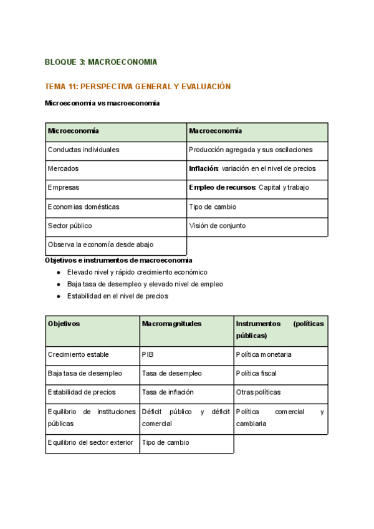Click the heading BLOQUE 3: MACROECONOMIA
pos(101,62)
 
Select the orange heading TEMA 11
pos(138,87)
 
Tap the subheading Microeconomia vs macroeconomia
pos(102,103)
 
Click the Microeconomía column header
pos(74,131)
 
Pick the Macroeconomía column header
pos(216,131)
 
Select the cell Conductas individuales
pos(84,150)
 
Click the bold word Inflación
pos(203,168)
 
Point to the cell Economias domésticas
pos(84,206)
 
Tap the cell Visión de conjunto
pos(217,225)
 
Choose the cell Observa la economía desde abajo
pos(100,245)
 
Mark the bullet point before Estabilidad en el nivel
pos(59,296)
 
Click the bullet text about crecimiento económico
pos(137,273)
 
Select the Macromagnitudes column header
pos(171,324)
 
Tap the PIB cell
pos(148,354)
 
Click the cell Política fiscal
pos(256,373)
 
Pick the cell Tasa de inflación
pos(168,392)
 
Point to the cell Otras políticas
pos(258,392)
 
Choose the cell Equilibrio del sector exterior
pos(90,442)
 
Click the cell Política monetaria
pos(264,354)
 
